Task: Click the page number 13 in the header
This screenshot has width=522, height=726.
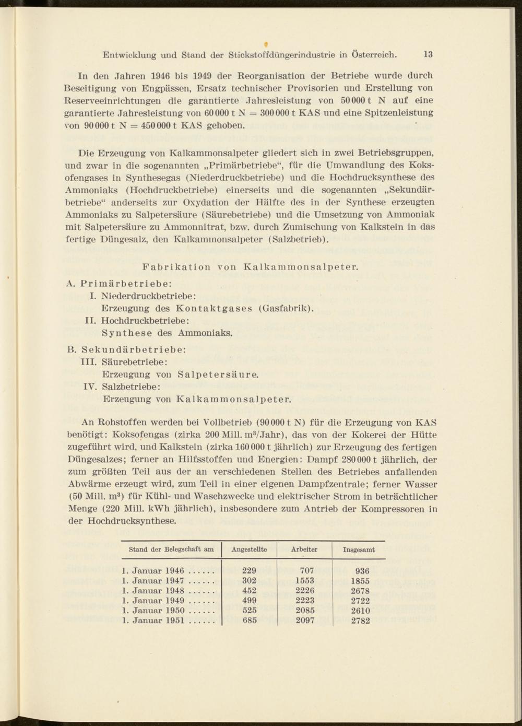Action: [428, 54]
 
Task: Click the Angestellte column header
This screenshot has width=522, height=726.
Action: [249, 549]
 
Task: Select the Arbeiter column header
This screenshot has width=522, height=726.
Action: [304, 549]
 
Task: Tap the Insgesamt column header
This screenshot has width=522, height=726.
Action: [359, 550]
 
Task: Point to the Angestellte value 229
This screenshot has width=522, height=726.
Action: [250, 571]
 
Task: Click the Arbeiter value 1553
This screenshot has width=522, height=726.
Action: [304, 580]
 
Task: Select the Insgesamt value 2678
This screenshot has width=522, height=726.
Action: [360, 591]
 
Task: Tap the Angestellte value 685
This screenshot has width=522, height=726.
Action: [250, 620]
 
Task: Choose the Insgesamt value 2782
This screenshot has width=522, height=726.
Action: [360, 621]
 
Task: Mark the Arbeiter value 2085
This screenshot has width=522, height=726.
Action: [305, 610]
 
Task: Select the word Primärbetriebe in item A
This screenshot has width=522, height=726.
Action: [123, 284]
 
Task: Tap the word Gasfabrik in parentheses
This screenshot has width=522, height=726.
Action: [287, 308]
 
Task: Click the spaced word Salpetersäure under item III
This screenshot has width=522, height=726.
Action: [218, 374]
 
